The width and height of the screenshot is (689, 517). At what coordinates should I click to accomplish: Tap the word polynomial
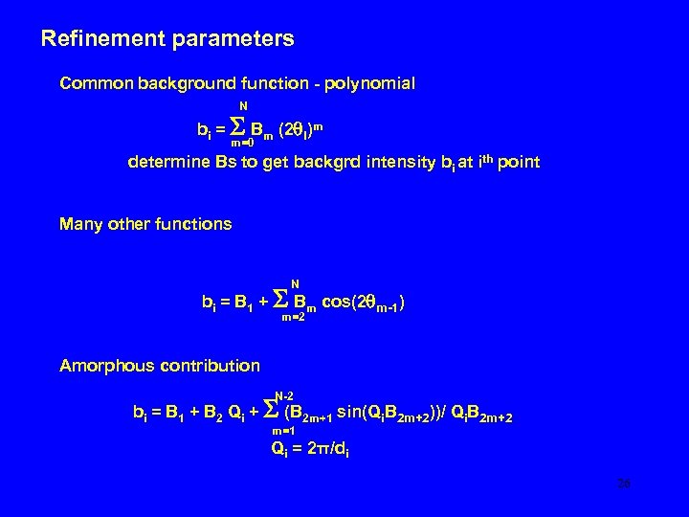tap(368, 83)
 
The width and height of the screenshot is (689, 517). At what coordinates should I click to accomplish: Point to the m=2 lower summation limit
tap(293, 318)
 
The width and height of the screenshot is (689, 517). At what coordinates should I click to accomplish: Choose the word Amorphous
tap(104, 366)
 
